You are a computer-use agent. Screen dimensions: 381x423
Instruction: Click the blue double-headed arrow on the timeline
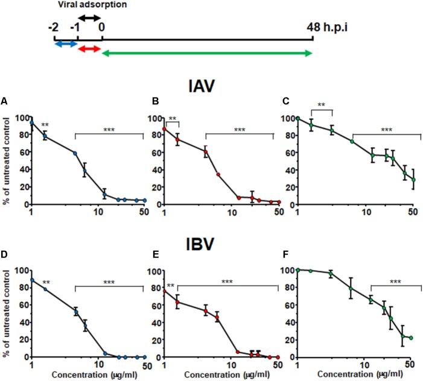point(65,44)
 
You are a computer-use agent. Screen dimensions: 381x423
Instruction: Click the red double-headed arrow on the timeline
point(89,48)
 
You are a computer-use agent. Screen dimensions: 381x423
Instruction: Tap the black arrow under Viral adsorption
point(89,17)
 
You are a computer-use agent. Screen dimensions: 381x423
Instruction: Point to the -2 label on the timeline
point(54,28)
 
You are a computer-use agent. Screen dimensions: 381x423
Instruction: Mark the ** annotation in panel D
point(46,282)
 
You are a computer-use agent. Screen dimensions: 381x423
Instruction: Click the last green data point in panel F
point(412,338)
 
